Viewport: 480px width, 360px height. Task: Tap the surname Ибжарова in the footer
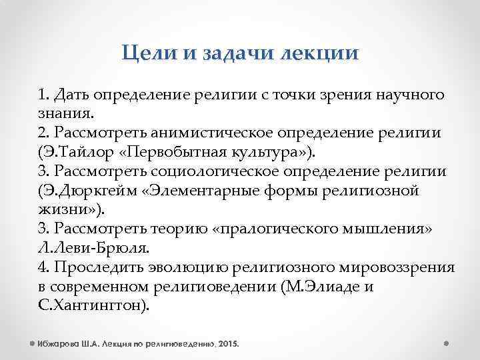tap(61, 344)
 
